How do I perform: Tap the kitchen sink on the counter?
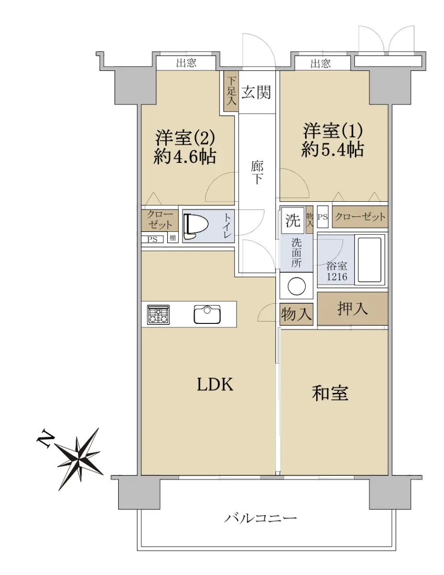click(x=207, y=314)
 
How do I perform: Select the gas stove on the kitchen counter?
click(x=159, y=314)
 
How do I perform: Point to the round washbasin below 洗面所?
click(x=296, y=286)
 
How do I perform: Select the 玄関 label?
click(x=256, y=92)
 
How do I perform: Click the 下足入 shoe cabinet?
click(x=231, y=91)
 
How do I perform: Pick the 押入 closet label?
click(x=353, y=309)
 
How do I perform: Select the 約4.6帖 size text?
click(x=185, y=157)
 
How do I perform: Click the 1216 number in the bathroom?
click(x=337, y=277)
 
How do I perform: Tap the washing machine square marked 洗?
click(x=293, y=220)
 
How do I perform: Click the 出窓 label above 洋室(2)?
click(x=186, y=63)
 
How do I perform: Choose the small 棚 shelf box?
click(x=173, y=238)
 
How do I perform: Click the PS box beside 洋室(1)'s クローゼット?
click(x=323, y=217)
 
